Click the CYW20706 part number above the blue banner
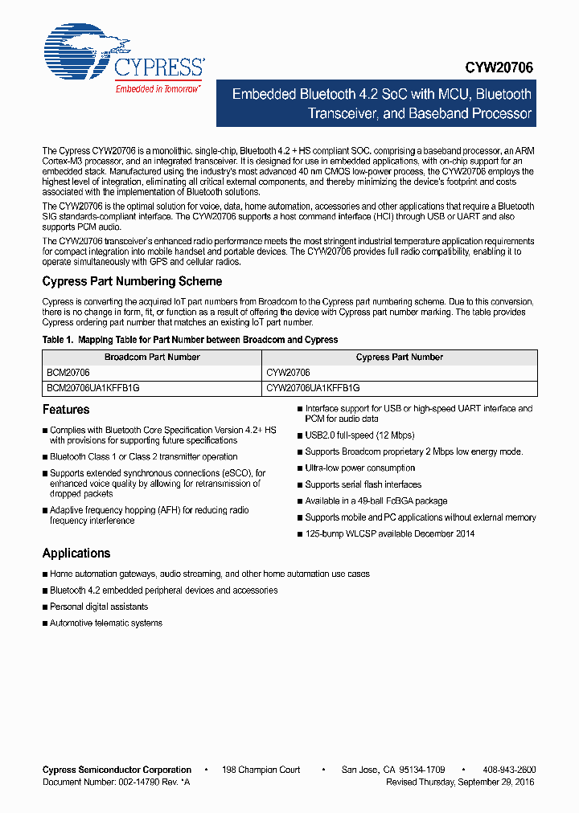[499, 69]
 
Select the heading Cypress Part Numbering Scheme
[132, 281]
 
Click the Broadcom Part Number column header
[152, 357]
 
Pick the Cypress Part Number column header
[399, 357]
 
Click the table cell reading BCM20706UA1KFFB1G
[93, 387]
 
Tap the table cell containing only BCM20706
[68, 373]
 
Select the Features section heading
[66, 410]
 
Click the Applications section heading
[76, 554]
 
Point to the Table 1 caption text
[190, 340]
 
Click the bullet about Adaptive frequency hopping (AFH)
[149, 515]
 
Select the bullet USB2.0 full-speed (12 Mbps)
[359, 435]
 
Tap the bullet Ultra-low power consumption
[359, 468]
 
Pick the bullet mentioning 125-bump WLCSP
[389, 533]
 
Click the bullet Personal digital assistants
[99, 607]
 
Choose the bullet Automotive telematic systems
[105, 623]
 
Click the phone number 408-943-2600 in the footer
[509, 770]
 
